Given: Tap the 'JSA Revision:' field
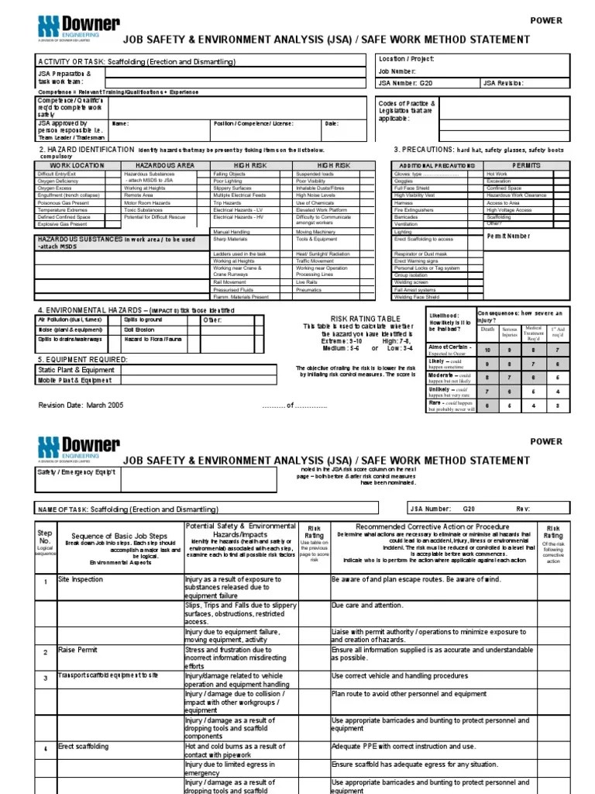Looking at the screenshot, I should pos(504,82).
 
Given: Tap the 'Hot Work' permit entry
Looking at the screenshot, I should pos(497,174).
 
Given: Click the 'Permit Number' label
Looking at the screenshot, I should pos(509,235).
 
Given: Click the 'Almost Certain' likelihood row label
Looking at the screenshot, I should pos(449,348).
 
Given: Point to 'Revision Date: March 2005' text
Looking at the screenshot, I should pos(81,405).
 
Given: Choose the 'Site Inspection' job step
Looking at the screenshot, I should pos(81,579).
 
